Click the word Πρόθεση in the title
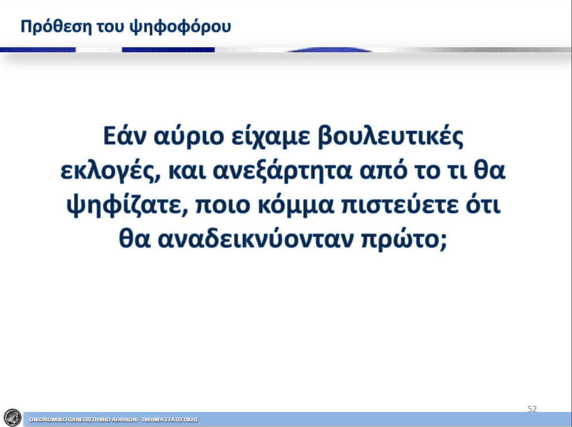[x=56, y=27]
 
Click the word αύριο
[x=189, y=136]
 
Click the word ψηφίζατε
[x=127, y=205]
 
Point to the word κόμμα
[x=296, y=205]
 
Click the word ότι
[x=483, y=205]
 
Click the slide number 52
[x=532, y=409]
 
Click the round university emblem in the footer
[x=12, y=418]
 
